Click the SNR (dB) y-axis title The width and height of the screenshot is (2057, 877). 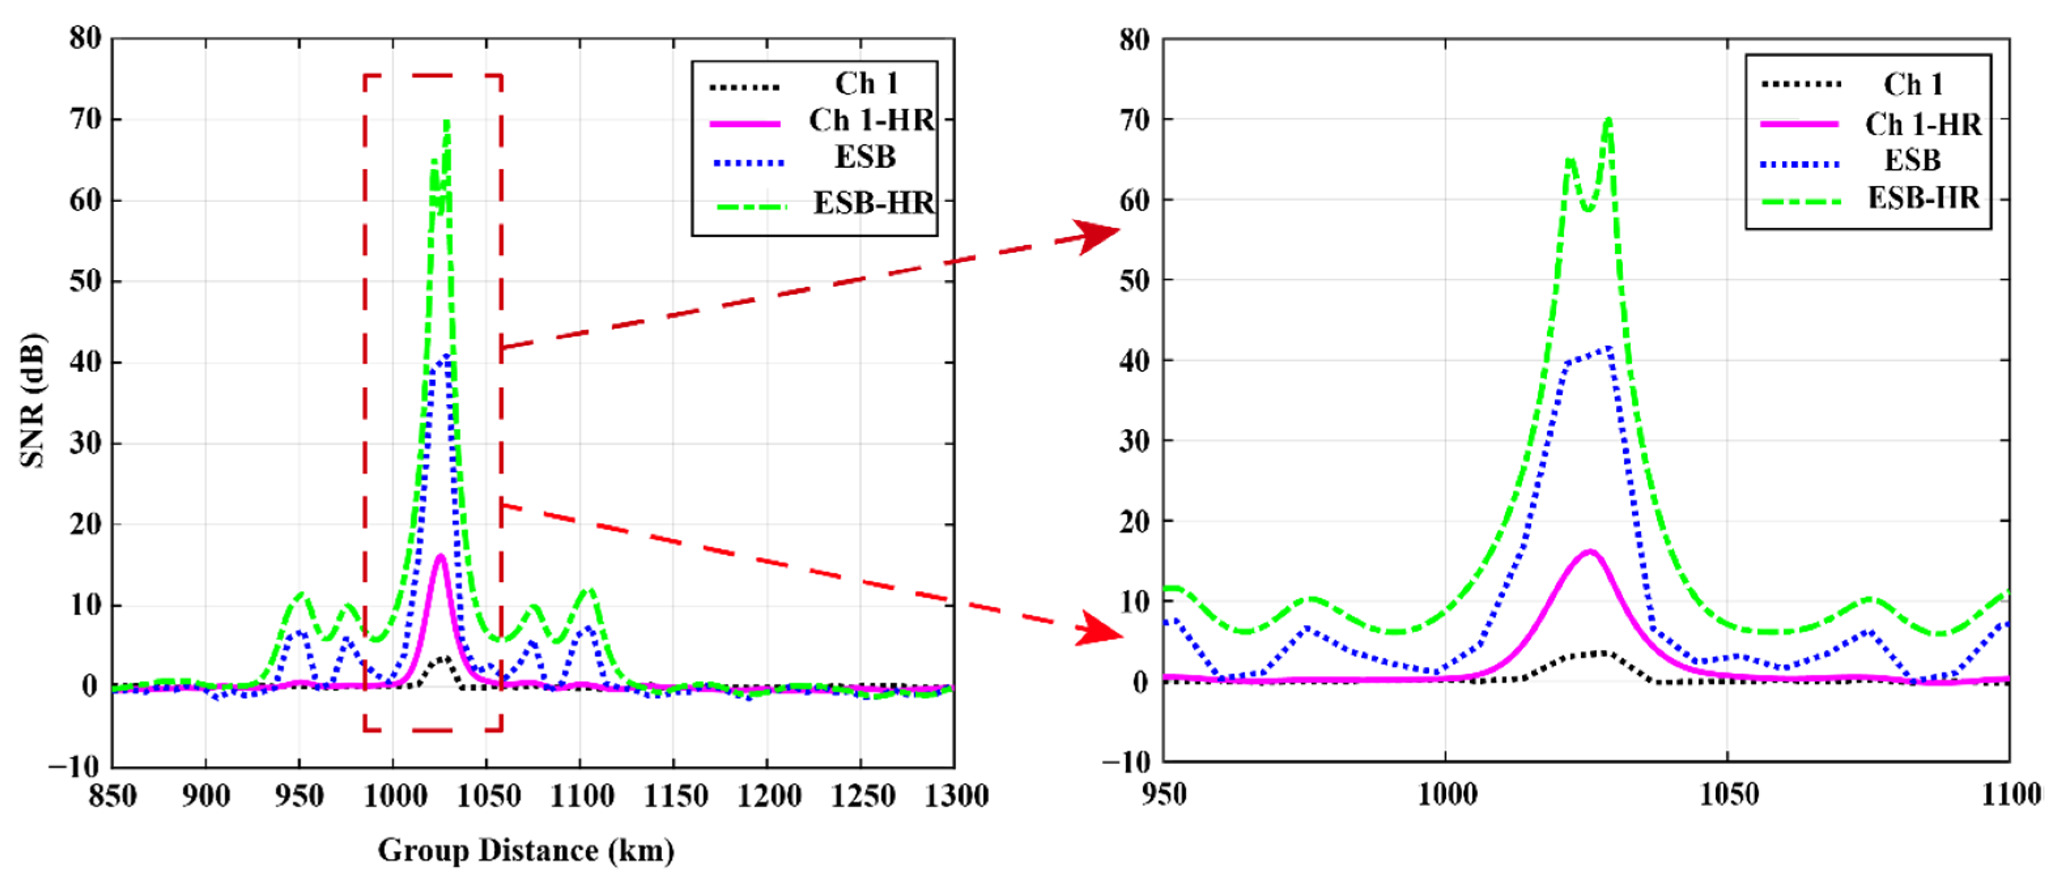coord(32,399)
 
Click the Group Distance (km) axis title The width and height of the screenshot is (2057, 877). coord(525,851)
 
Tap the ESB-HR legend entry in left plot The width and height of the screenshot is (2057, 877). coord(873,204)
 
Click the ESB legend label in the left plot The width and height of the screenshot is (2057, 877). coord(865,157)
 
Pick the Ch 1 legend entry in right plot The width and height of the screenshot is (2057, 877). coord(1912,84)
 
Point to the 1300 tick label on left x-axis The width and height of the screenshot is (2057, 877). coord(956,795)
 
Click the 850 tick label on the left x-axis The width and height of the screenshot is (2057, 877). coord(112,795)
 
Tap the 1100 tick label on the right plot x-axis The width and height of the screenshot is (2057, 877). coord(2010,794)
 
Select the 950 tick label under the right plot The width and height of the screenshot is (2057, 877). coord(1164,794)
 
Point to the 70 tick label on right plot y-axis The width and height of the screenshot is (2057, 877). coord(1134,120)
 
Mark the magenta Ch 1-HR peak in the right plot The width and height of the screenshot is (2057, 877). coord(1589,551)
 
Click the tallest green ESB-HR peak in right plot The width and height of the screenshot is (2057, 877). coord(1608,120)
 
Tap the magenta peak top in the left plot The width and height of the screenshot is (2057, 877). coord(440,555)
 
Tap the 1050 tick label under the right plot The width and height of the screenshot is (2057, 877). coord(1728,794)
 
